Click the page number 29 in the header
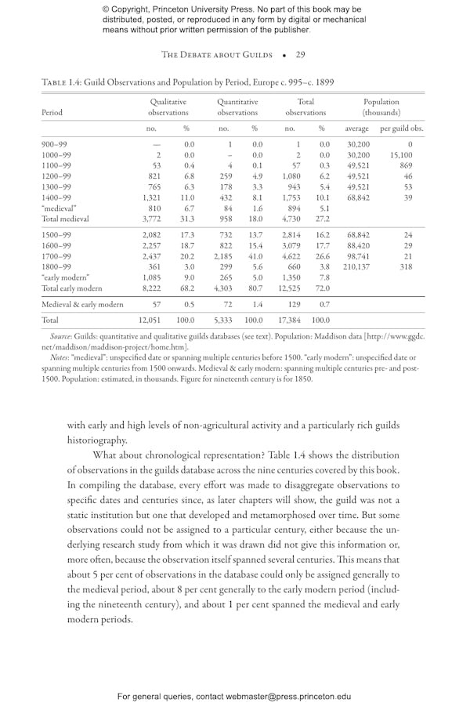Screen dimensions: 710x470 click(300, 55)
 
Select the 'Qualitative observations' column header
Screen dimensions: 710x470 click(169, 107)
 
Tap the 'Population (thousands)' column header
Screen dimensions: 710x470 click(381, 107)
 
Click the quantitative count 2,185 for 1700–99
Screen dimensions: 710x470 click(223, 255)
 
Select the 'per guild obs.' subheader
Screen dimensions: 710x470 click(401, 129)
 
